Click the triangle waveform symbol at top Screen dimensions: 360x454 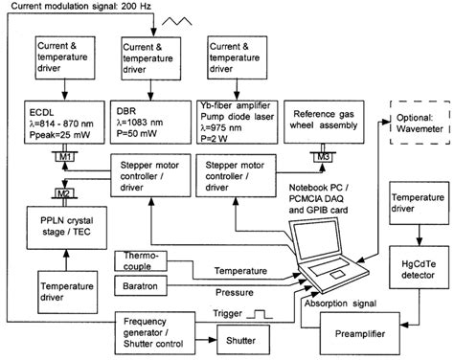click(x=227, y=16)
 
